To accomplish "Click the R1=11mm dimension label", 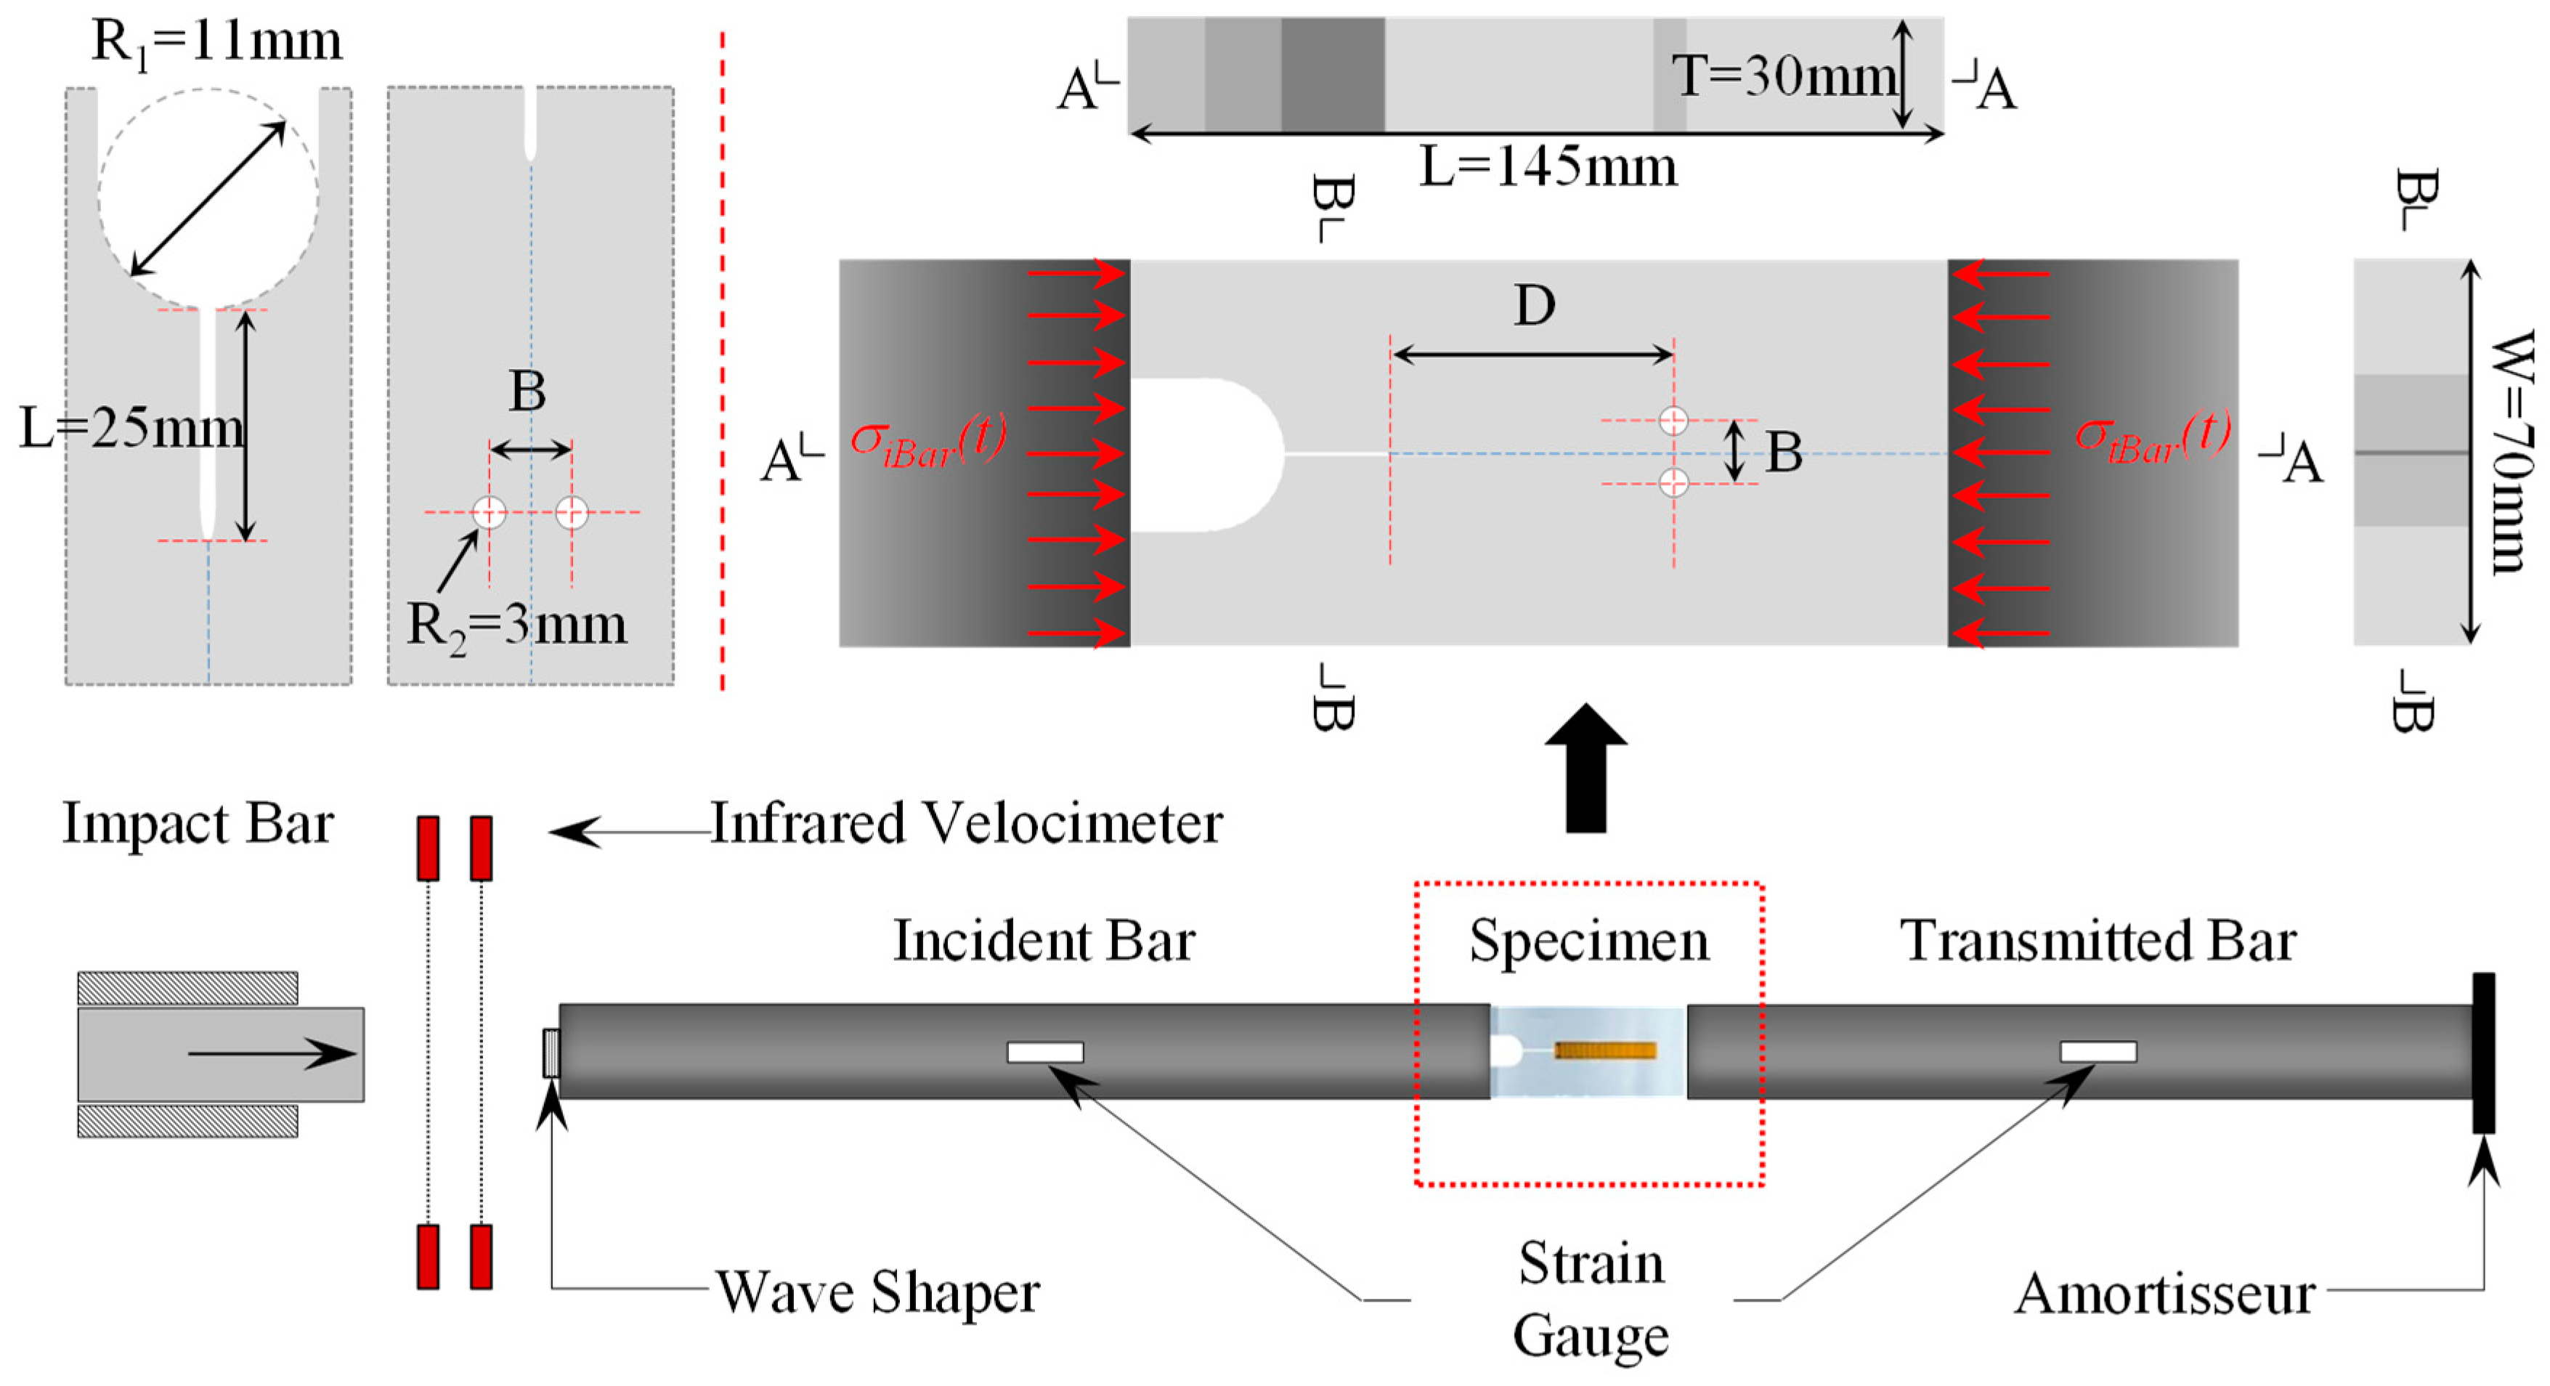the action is click(x=216, y=41).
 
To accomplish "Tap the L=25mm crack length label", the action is click(x=131, y=429).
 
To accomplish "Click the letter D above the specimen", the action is click(x=1535, y=306).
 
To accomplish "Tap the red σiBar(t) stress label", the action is click(x=928, y=439).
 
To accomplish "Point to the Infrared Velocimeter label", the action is click(x=966, y=823).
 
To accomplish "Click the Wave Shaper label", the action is click(x=877, y=1292).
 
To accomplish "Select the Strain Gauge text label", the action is click(x=1591, y=1300).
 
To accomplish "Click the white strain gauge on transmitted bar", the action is click(x=2098, y=1051).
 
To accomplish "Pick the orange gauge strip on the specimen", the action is click(x=1604, y=1050).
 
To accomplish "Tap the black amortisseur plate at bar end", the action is click(x=2484, y=1053).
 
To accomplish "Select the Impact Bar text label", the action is click(x=198, y=824).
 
